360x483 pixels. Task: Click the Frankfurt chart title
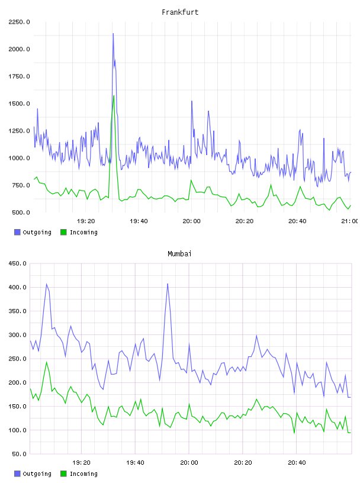180,12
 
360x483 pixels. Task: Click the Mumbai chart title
179,254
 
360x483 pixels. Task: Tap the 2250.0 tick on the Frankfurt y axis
19,22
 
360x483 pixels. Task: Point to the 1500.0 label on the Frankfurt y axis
19,104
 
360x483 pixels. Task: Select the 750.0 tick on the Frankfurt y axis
21,185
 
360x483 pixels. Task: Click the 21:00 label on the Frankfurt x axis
350,221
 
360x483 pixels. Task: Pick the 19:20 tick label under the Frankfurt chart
86,221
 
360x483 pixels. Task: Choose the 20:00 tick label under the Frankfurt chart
191,221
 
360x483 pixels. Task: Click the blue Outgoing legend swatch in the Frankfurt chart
17,232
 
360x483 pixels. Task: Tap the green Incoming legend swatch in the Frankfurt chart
63,232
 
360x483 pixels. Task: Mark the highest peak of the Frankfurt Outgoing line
113,34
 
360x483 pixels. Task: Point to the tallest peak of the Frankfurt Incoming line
114,96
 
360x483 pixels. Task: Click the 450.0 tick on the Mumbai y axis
18,263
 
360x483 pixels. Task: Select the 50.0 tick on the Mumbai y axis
19,454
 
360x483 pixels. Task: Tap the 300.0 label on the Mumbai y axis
18,335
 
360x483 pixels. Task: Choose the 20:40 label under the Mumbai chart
297,463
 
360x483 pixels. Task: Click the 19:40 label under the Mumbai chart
136,463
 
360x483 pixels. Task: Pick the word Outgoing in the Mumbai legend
37,474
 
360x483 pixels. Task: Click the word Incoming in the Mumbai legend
83,474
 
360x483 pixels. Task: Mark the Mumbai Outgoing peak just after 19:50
168,284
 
